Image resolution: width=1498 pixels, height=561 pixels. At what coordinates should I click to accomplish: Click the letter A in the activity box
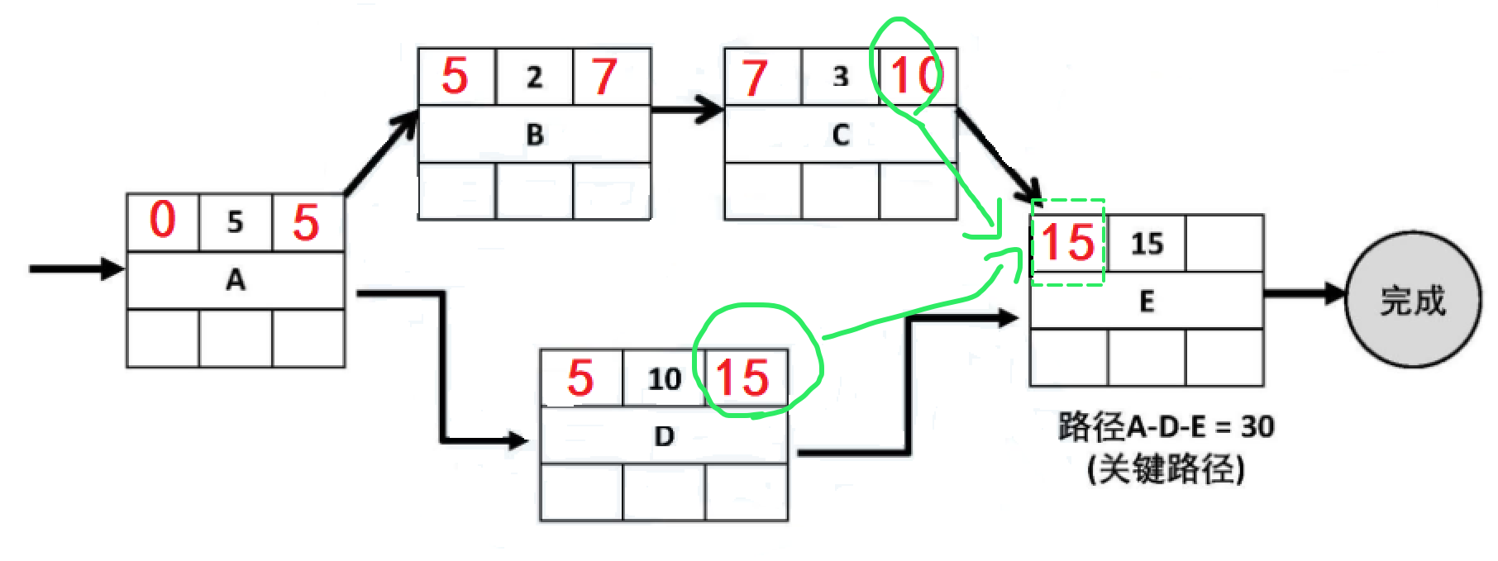pos(236,281)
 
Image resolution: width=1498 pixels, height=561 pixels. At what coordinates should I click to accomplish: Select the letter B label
pos(535,135)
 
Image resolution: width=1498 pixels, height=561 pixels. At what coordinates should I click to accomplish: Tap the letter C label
pos(841,135)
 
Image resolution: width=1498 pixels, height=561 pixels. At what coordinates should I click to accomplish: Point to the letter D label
pos(665,435)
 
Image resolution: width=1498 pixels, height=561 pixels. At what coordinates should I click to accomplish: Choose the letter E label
pos(1147,302)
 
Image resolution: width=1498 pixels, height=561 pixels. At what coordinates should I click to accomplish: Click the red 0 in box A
pos(163,221)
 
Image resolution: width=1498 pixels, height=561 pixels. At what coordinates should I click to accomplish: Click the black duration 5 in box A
pos(236,221)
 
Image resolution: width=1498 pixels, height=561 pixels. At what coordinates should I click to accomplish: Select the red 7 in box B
pos(604,76)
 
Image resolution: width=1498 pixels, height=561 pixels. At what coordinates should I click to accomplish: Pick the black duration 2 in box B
pos(535,77)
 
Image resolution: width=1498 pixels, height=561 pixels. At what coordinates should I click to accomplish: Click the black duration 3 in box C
pos(841,77)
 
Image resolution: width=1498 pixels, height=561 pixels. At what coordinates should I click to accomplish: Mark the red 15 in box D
pos(742,378)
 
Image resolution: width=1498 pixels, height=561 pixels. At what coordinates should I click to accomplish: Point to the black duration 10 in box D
pos(664,379)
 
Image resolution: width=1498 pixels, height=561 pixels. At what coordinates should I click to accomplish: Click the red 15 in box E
pos(1067,243)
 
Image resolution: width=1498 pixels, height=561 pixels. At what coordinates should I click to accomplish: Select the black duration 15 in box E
pos(1147,244)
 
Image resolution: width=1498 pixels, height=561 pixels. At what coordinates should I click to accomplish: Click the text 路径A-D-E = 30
pos(1166,427)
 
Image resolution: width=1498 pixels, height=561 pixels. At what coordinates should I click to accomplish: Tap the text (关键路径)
pos(1166,470)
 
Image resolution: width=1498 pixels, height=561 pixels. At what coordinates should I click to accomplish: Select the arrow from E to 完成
pos(1305,292)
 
